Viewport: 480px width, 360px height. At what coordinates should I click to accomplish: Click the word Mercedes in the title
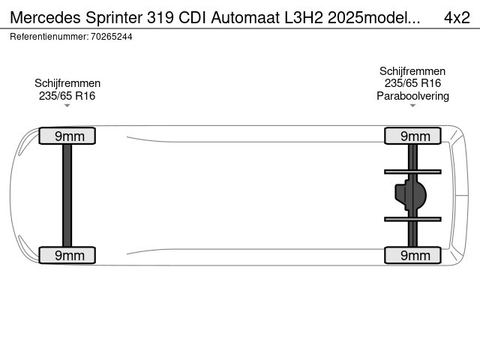(45, 18)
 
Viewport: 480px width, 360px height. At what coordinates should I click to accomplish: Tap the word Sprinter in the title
(114, 18)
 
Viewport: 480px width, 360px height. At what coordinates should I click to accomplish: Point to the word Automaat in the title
(245, 18)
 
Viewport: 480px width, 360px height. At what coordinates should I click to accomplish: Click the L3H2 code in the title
(304, 18)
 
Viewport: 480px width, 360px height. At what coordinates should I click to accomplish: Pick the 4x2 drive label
(457, 18)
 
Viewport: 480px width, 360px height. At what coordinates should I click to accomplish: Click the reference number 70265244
(112, 37)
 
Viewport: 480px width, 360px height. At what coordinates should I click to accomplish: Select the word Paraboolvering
(412, 96)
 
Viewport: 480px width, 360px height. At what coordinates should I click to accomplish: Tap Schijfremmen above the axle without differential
(67, 83)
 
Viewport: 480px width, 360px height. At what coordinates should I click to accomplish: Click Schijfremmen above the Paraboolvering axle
(412, 71)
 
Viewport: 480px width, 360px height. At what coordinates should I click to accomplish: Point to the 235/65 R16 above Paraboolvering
(412, 83)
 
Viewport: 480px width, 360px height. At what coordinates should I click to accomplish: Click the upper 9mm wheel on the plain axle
(67, 136)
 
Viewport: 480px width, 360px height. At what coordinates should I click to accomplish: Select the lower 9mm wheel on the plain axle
(67, 255)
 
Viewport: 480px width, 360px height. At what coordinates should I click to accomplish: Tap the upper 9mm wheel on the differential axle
(412, 136)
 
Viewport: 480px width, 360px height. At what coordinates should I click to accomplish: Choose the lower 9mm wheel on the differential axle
(412, 255)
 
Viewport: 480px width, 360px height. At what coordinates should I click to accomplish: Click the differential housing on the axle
(410, 195)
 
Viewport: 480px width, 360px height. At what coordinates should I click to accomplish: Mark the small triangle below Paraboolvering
(412, 106)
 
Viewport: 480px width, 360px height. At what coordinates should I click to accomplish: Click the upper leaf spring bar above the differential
(412, 172)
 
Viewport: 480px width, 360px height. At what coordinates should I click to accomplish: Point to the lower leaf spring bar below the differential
(412, 219)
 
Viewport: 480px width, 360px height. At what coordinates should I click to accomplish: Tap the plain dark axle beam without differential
(67, 195)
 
